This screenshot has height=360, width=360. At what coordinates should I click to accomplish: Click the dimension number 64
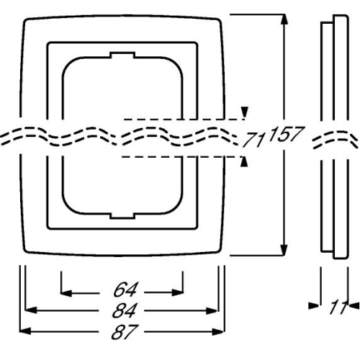click(123, 292)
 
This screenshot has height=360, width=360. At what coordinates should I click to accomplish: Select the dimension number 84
click(123, 311)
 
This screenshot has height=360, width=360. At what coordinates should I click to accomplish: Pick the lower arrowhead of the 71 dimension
click(247, 162)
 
